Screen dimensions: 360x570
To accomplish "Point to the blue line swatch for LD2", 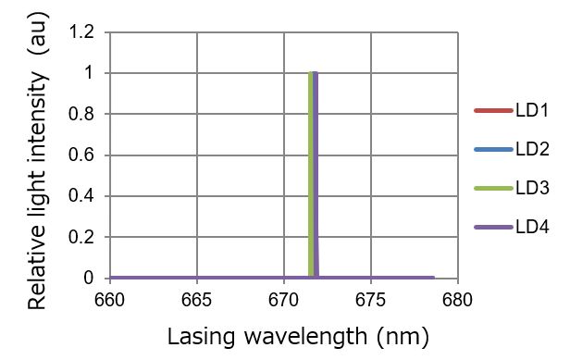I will click(492, 150).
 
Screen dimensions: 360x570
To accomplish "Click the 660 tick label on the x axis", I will click(109, 300).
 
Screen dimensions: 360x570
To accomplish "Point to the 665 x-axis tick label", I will click(196, 300).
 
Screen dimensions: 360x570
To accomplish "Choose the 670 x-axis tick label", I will click(283, 300).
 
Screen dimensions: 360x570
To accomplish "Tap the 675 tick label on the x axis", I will click(370, 300).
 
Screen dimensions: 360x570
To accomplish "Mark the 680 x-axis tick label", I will click(457, 300).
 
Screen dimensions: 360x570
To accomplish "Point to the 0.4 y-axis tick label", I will click(84, 196).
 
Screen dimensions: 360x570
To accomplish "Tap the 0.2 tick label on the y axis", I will click(84, 238).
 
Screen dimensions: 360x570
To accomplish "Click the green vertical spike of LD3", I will click(310, 167).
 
